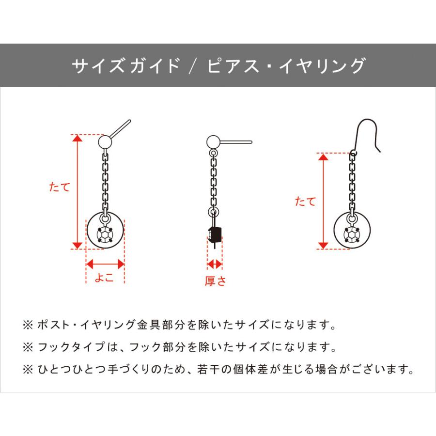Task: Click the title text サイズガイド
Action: click(126, 65)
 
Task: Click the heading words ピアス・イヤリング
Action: click(286, 65)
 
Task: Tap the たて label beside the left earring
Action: click(60, 187)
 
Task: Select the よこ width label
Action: click(104, 278)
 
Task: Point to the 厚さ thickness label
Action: click(215, 281)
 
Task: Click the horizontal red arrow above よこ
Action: click(105, 264)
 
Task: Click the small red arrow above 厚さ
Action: click(215, 264)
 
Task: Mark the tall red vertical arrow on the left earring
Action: click(76, 191)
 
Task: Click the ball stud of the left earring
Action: click(105, 142)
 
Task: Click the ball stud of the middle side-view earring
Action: click(213, 142)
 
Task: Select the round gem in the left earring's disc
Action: click(105, 234)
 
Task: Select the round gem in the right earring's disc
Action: click(352, 234)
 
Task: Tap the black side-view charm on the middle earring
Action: click(215, 234)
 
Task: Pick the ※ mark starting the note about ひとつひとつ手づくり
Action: click(27, 370)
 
